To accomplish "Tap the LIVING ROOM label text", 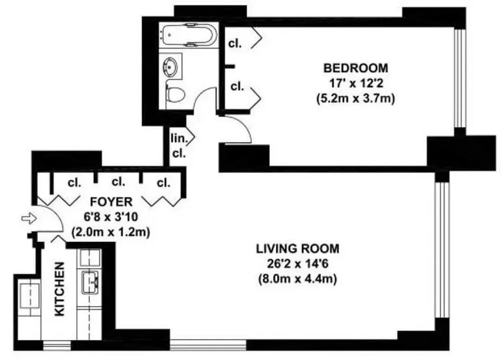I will point(297,248).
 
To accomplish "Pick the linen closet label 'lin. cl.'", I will point(179,145).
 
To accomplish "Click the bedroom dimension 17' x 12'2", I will point(355,83).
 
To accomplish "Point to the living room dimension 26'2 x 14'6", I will point(297,263).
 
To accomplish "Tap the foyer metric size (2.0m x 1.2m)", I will point(111,233).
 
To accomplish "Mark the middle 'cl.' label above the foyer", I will point(118,182).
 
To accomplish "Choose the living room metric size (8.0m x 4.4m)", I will point(297,279).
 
